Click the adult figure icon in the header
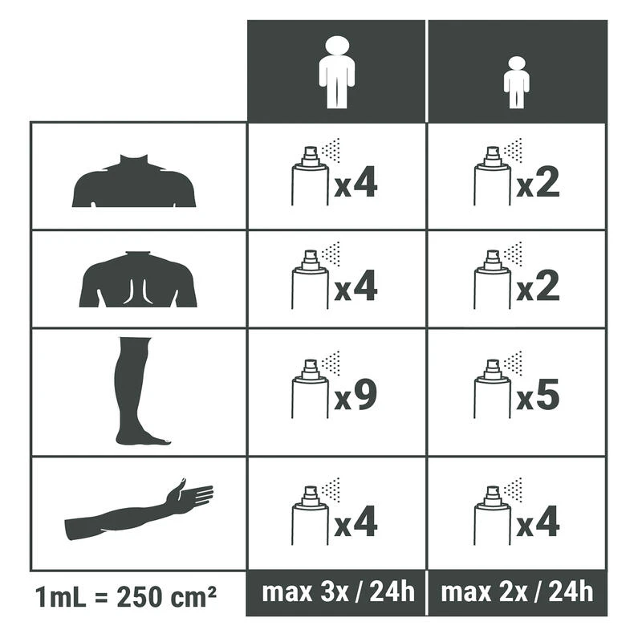click(x=336, y=72)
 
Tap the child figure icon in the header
click(x=517, y=83)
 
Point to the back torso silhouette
click(x=138, y=279)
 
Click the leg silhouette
click(x=137, y=391)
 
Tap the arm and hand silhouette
click(x=139, y=508)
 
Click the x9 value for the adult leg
click(x=356, y=394)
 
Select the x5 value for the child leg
click(x=538, y=394)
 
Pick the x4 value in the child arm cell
click(x=538, y=521)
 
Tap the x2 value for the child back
click(x=538, y=286)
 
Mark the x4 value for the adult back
click(x=356, y=286)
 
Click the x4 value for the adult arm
click(x=356, y=521)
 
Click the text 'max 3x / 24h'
click(x=338, y=592)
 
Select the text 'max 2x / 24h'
click(x=517, y=592)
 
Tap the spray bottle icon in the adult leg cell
click(x=311, y=389)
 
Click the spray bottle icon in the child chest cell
click(x=493, y=175)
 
